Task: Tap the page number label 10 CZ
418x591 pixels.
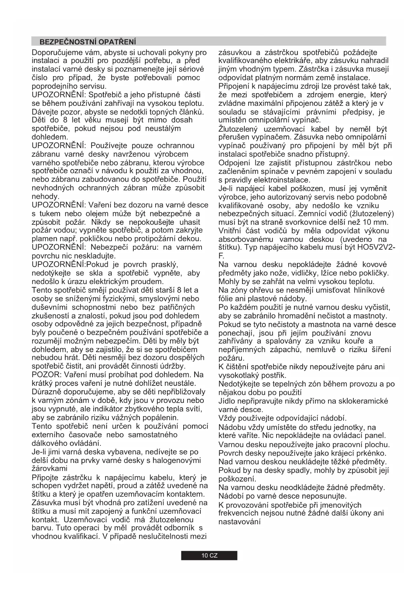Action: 209,556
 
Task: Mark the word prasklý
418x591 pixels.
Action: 165,265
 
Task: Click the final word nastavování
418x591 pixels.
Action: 239,522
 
